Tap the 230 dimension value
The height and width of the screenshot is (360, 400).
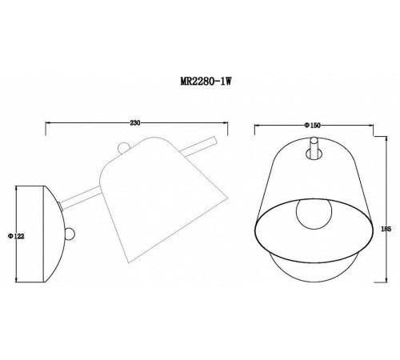135,122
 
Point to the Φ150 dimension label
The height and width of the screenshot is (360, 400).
314,126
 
